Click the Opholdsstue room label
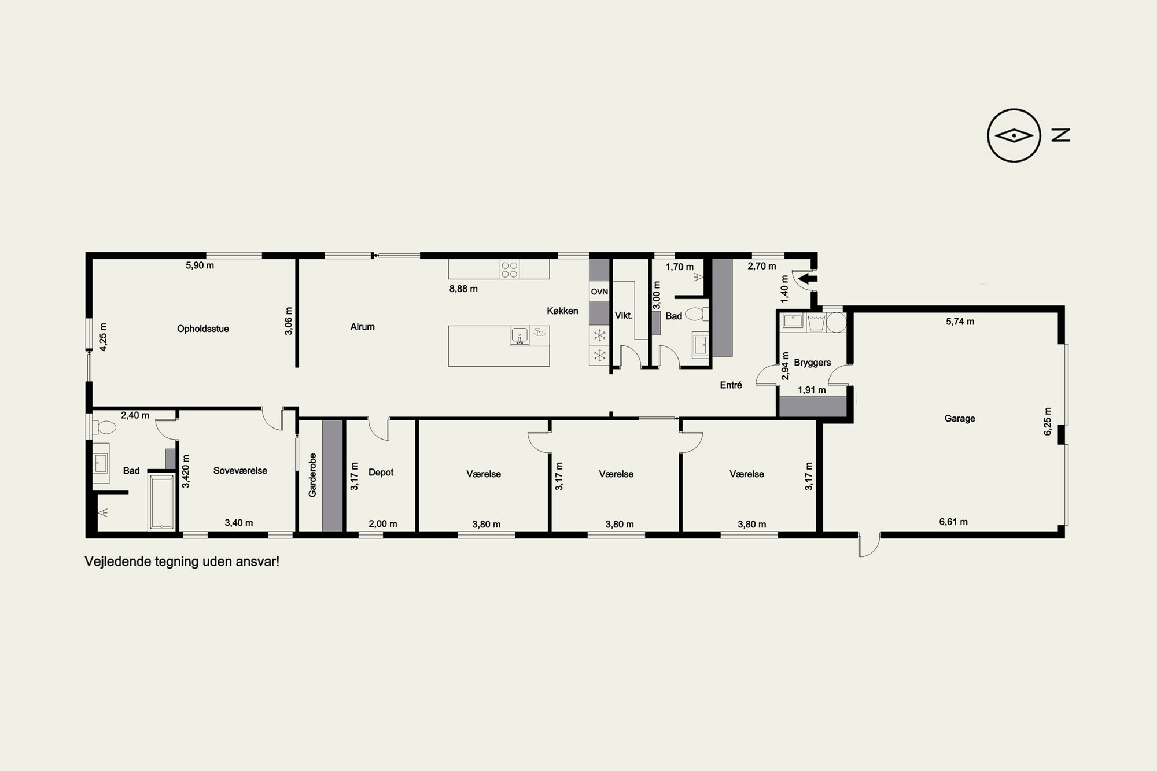click(x=203, y=329)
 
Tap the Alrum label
click(x=363, y=327)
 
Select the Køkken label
click(x=562, y=311)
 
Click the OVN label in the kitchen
click(x=599, y=292)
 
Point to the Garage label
click(x=960, y=418)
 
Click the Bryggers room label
click(x=812, y=363)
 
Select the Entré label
click(x=731, y=385)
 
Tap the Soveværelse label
click(x=240, y=471)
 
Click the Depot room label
click(x=381, y=473)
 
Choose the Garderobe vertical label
click(x=312, y=475)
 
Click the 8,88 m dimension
click(x=463, y=289)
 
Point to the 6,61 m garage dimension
click(x=953, y=522)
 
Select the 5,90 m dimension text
click(x=200, y=265)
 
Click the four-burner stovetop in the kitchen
click(x=509, y=269)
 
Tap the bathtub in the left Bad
click(x=162, y=501)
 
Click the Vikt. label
click(x=624, y=316)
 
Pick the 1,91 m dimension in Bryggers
click(x=812, y=390)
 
